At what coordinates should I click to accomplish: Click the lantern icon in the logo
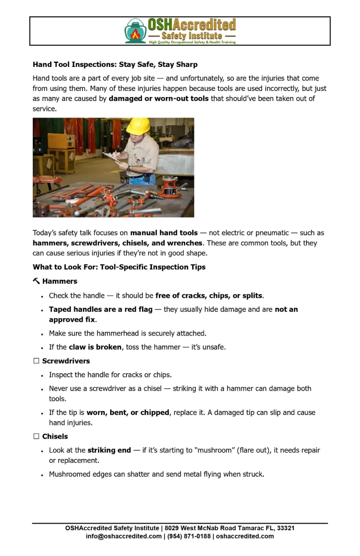(x=135, y=31)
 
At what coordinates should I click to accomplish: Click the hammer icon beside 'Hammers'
(x=36, y=281)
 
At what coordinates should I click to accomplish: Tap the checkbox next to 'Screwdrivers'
(x=36, y=361)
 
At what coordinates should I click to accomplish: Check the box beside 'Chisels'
(x=36, y=437)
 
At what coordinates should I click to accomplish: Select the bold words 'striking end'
(x=109, y=450)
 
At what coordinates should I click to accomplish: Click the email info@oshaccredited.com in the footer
(x=124, y=536)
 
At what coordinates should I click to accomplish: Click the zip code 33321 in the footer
(x=285, y=528)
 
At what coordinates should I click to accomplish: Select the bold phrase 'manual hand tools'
(x=164, y=233)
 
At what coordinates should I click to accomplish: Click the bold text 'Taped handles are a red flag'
(x=100, y=309)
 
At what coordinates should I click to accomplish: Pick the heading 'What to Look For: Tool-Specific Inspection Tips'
(x=119, y=267)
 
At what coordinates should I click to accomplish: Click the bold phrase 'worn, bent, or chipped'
(x=127, y=413)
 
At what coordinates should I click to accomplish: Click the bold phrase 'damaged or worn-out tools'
(x=158, y=98)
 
